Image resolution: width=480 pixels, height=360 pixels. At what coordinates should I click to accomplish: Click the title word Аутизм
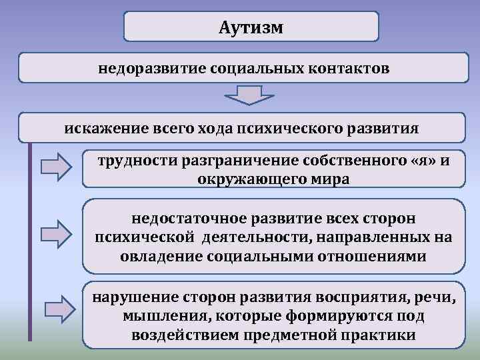pyautogui.click(x=251, y=27)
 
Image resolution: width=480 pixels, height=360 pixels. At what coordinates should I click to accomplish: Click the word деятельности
pyautogui.click(x=253, y=237)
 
